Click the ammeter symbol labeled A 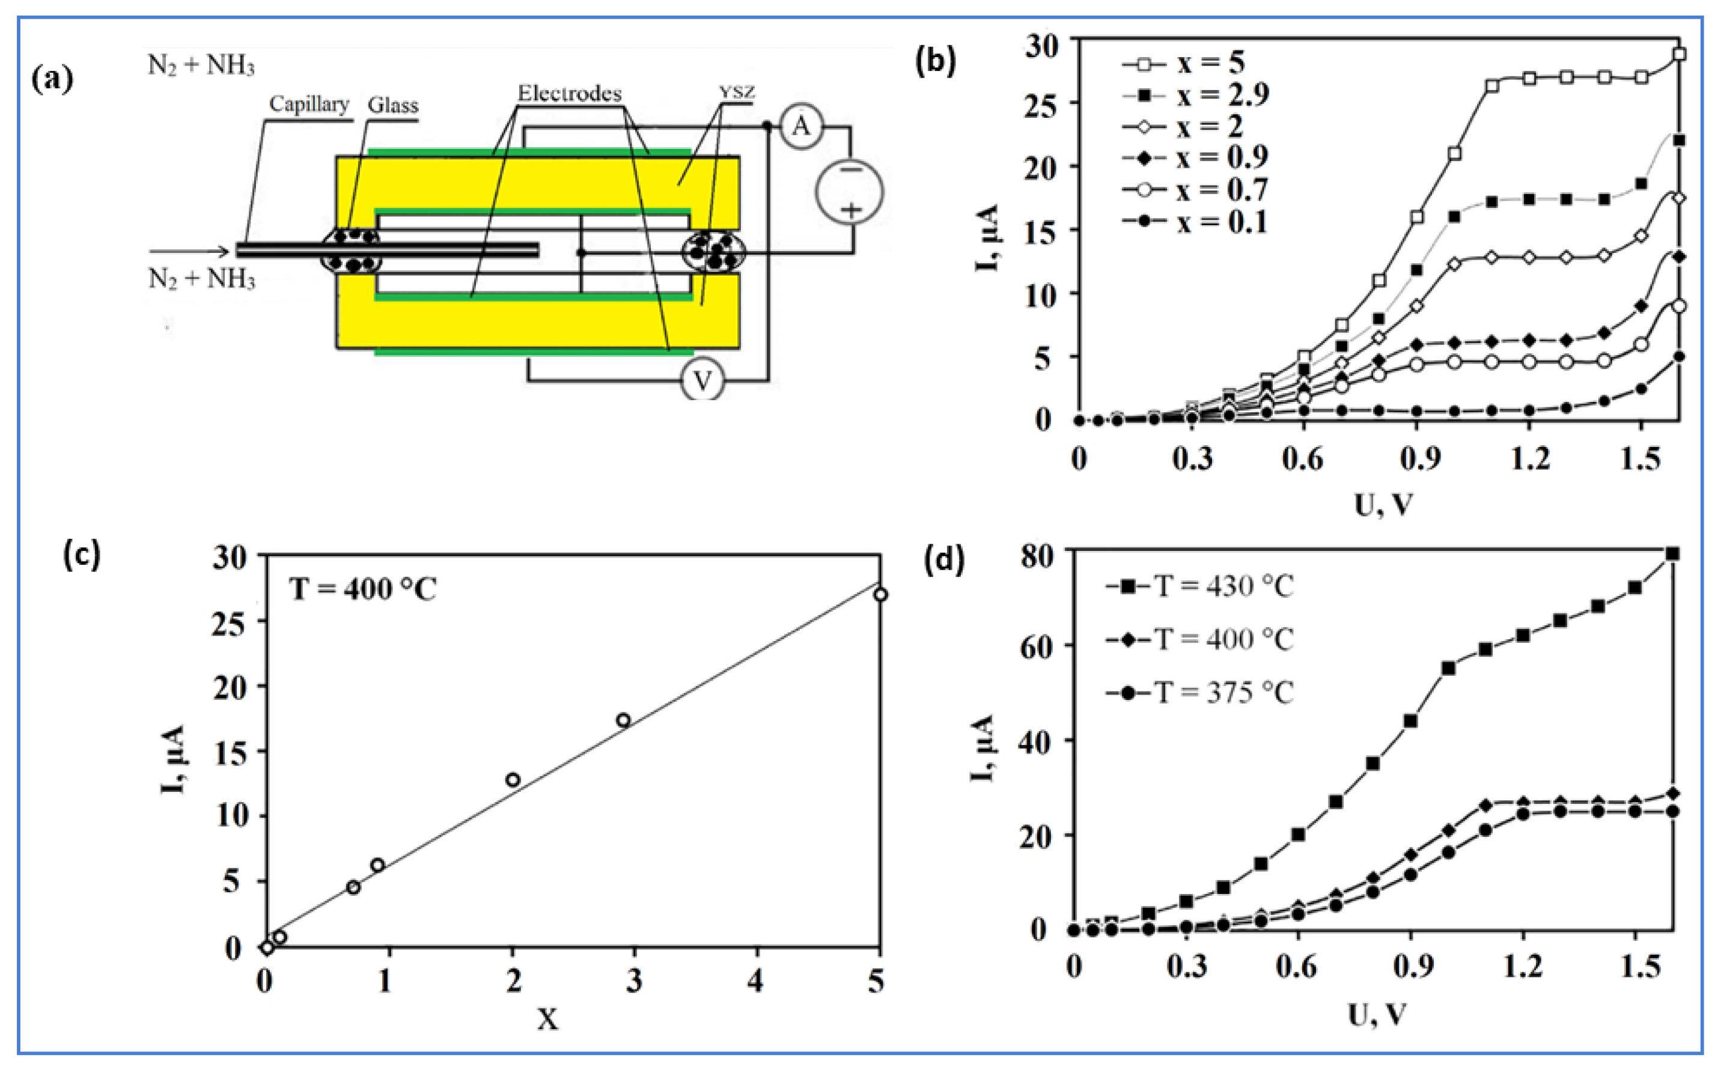pos(801,126)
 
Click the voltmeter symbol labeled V pos(702,380)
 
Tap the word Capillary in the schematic pos(309,105)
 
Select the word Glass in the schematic pos(392,106)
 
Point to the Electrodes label pos(569,93)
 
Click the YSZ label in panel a pos(737,93)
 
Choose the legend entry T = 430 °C pos(1199,587)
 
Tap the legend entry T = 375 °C pos(1199,692)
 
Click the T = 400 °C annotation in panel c pos(362,589)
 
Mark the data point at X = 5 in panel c pos(880,595)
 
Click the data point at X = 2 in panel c pos(513,780)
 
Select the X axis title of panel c pos(547,1020)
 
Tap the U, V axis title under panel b pos(1382,505)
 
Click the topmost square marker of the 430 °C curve pos(1672,553)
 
